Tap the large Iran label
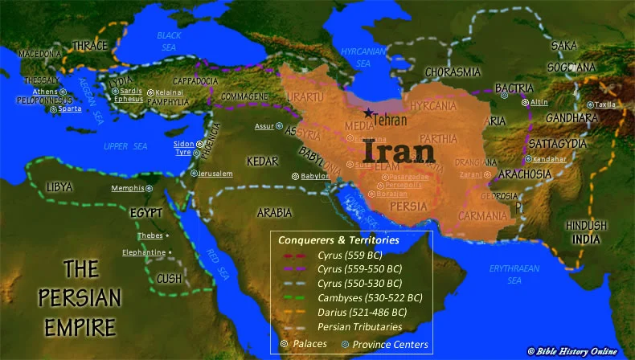[397, 150]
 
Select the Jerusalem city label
[215, 174]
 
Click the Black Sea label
[170, 40]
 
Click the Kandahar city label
[550, 159]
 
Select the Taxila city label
[605, 104]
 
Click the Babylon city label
[315, 176]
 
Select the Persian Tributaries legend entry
[360, 326]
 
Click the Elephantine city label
[144, 252]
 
